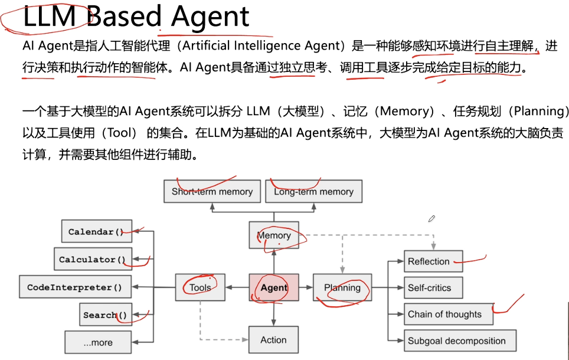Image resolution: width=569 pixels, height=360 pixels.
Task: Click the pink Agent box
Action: click(274, 288)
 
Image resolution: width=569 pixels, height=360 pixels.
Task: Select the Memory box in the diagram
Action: click(274, 235)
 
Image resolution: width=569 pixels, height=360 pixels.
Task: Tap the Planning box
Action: click(342, 288)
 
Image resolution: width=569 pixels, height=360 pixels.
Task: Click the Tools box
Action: click(201, 288)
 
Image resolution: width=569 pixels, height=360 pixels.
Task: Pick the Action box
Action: click(274, 340)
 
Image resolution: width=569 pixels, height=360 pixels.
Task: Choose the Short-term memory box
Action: click(212, 192)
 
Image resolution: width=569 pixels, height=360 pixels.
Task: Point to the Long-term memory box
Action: click(313, 192)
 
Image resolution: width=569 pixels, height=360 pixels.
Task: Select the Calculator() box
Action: click(92, 260)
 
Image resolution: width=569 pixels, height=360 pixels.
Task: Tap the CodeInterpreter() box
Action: click(74, 288)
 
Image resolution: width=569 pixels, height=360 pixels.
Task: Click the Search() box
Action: click(105, 315)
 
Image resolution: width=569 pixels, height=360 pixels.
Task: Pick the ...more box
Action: click(98, 342)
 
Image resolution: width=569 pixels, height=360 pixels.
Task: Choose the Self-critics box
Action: click(433, 288)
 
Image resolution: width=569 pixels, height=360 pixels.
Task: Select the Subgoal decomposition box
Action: click(460, 341)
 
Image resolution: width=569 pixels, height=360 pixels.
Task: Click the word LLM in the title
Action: click(50, 18)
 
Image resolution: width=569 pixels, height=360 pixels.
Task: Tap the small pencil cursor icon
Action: click(431, 218)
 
